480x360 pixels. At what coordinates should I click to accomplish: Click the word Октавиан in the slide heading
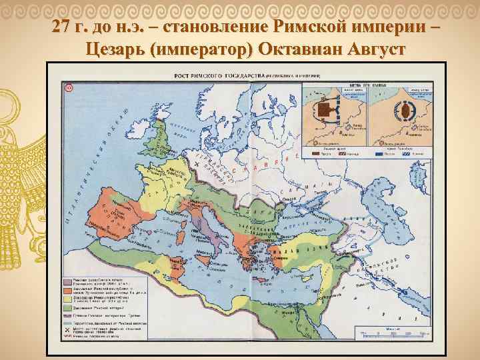click(300, 49)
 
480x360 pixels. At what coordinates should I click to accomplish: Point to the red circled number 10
click(69, 87)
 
